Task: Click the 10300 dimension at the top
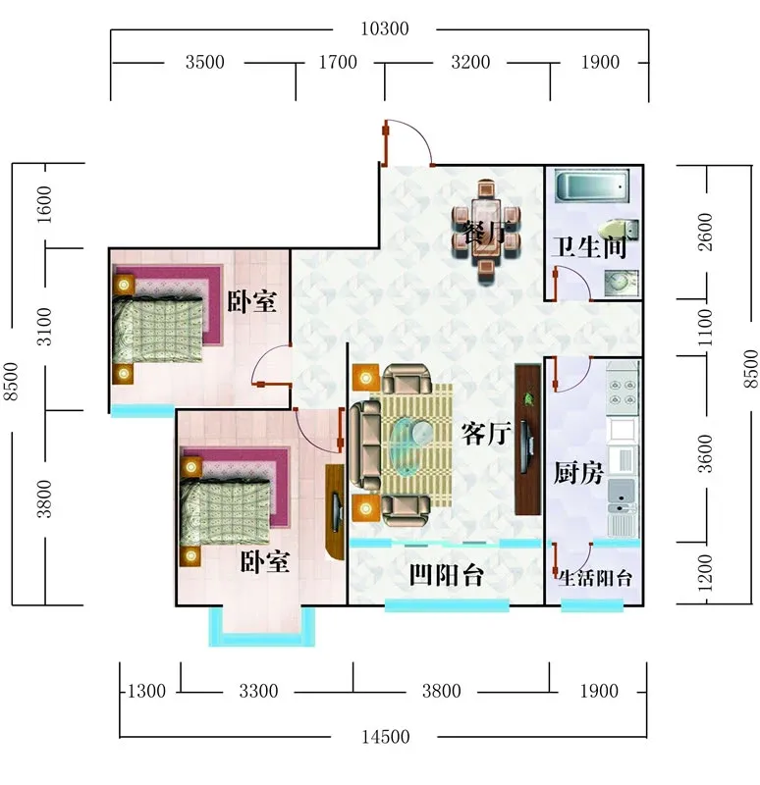pos(385,29)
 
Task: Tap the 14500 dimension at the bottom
pos(385,737)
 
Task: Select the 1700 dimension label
pos(338,62)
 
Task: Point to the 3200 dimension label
pos(470,62)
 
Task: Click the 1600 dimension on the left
pos(44,205)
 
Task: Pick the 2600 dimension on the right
pos(705,232)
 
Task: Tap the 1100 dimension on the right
pos(705,328)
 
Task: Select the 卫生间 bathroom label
pos(589,247)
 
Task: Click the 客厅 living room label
pos(486,434)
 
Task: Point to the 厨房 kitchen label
pos(578,473)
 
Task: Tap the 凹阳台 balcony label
pos(447,575)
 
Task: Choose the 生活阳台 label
pos(595,578)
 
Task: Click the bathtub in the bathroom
pos(592,185)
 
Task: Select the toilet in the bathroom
pos(620,232)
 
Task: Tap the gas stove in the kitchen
pos(623,392)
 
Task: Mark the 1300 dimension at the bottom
pos(146,692)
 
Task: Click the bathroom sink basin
pos(621,284)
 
